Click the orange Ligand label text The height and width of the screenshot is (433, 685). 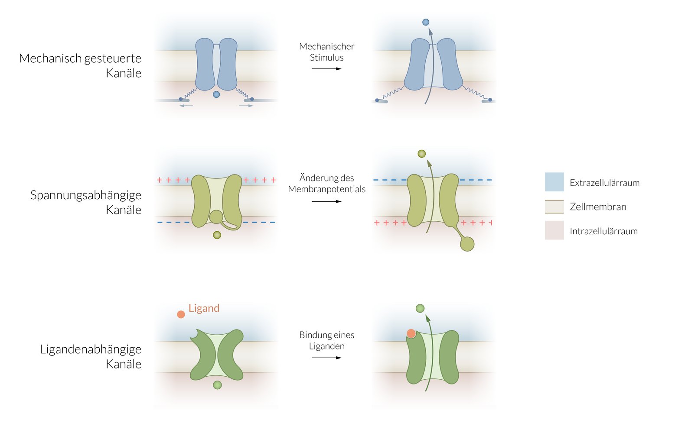point(204,308)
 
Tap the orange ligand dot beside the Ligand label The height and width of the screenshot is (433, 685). point(181,314)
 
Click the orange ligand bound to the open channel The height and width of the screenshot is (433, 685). point(411,333)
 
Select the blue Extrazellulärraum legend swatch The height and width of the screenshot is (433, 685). point(554,182)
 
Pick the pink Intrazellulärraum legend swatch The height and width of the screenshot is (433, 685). point(554,230)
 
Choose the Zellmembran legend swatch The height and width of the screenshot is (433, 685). point(554,207)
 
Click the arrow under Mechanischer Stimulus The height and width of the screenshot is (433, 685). point(326,69)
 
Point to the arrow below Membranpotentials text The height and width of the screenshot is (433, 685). point(326,201)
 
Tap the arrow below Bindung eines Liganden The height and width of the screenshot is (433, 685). point(326,358)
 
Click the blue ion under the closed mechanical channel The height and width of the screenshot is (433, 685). point(216,94)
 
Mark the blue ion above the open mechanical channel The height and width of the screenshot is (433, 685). point(426,22)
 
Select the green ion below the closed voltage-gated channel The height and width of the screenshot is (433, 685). point(217,235)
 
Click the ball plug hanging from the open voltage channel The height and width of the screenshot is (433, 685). point(467,244)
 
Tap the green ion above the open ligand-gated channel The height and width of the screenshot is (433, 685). point(420,308)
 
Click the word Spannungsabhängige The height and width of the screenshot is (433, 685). point(86,195)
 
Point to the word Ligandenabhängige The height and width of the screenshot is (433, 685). point(91,349)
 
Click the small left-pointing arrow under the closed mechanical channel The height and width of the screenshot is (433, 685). point(186,106)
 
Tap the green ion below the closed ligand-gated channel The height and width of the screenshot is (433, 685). point(217,385)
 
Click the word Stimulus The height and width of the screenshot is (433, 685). point(326,58)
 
